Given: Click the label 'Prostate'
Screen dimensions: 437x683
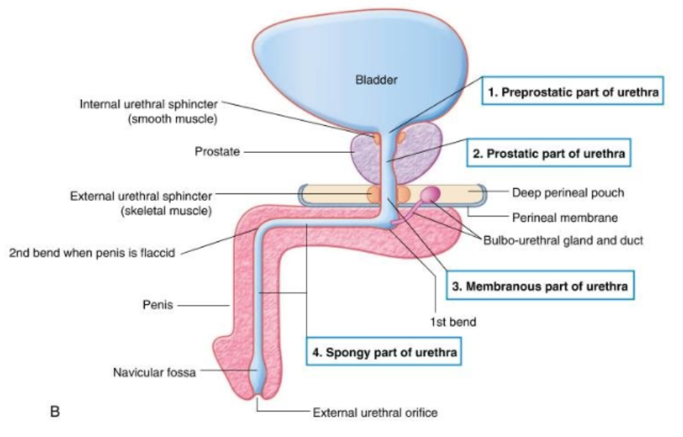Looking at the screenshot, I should (x=217, y=151).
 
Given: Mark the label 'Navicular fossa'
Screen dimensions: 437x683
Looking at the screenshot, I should (x=154, y=372).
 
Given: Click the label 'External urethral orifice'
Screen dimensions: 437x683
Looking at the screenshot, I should (x=374, y=412).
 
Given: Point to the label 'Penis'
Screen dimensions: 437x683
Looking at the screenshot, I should (x=157, y=306).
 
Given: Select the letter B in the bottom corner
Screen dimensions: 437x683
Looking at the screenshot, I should (x=54, y=411).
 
